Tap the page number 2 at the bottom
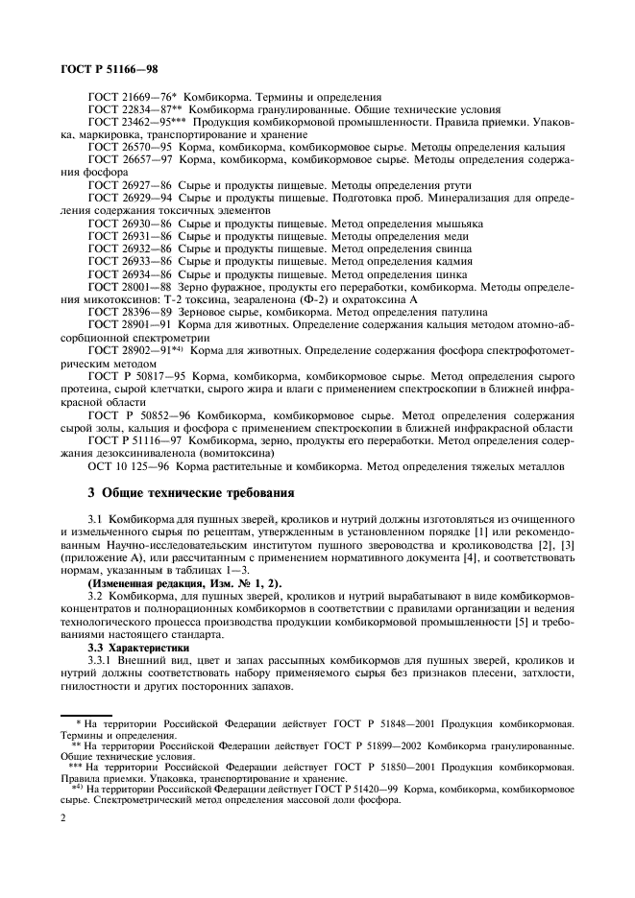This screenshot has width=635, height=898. tap(62, 817)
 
